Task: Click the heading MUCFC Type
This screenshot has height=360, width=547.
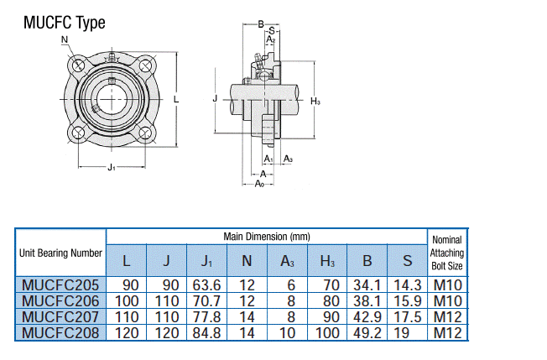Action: (x=65, y=23)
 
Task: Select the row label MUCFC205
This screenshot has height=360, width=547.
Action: (x=60, y=285)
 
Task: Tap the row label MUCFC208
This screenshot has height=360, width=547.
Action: (x=60, y=332)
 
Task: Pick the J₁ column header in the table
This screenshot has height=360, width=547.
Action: (x=206, y=260)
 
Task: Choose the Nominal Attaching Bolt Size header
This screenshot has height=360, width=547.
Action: (x=446, y=253)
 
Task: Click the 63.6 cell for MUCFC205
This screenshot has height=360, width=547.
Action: (x=206, y=285)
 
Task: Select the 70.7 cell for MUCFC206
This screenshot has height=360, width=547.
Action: (x=206, y=300)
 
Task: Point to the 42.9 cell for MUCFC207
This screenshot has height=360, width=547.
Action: (x=367, y=316)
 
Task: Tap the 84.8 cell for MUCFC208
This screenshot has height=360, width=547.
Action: (x=206, y=332)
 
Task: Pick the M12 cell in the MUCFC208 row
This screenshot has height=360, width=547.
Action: (x=446, y=332)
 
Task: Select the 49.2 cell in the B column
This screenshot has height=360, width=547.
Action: (x=367, y=332)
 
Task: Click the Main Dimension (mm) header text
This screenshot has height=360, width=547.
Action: (x=267, y=237)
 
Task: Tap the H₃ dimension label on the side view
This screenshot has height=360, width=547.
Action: (x=315, y=102)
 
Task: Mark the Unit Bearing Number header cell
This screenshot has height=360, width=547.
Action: (x=60, y=253)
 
